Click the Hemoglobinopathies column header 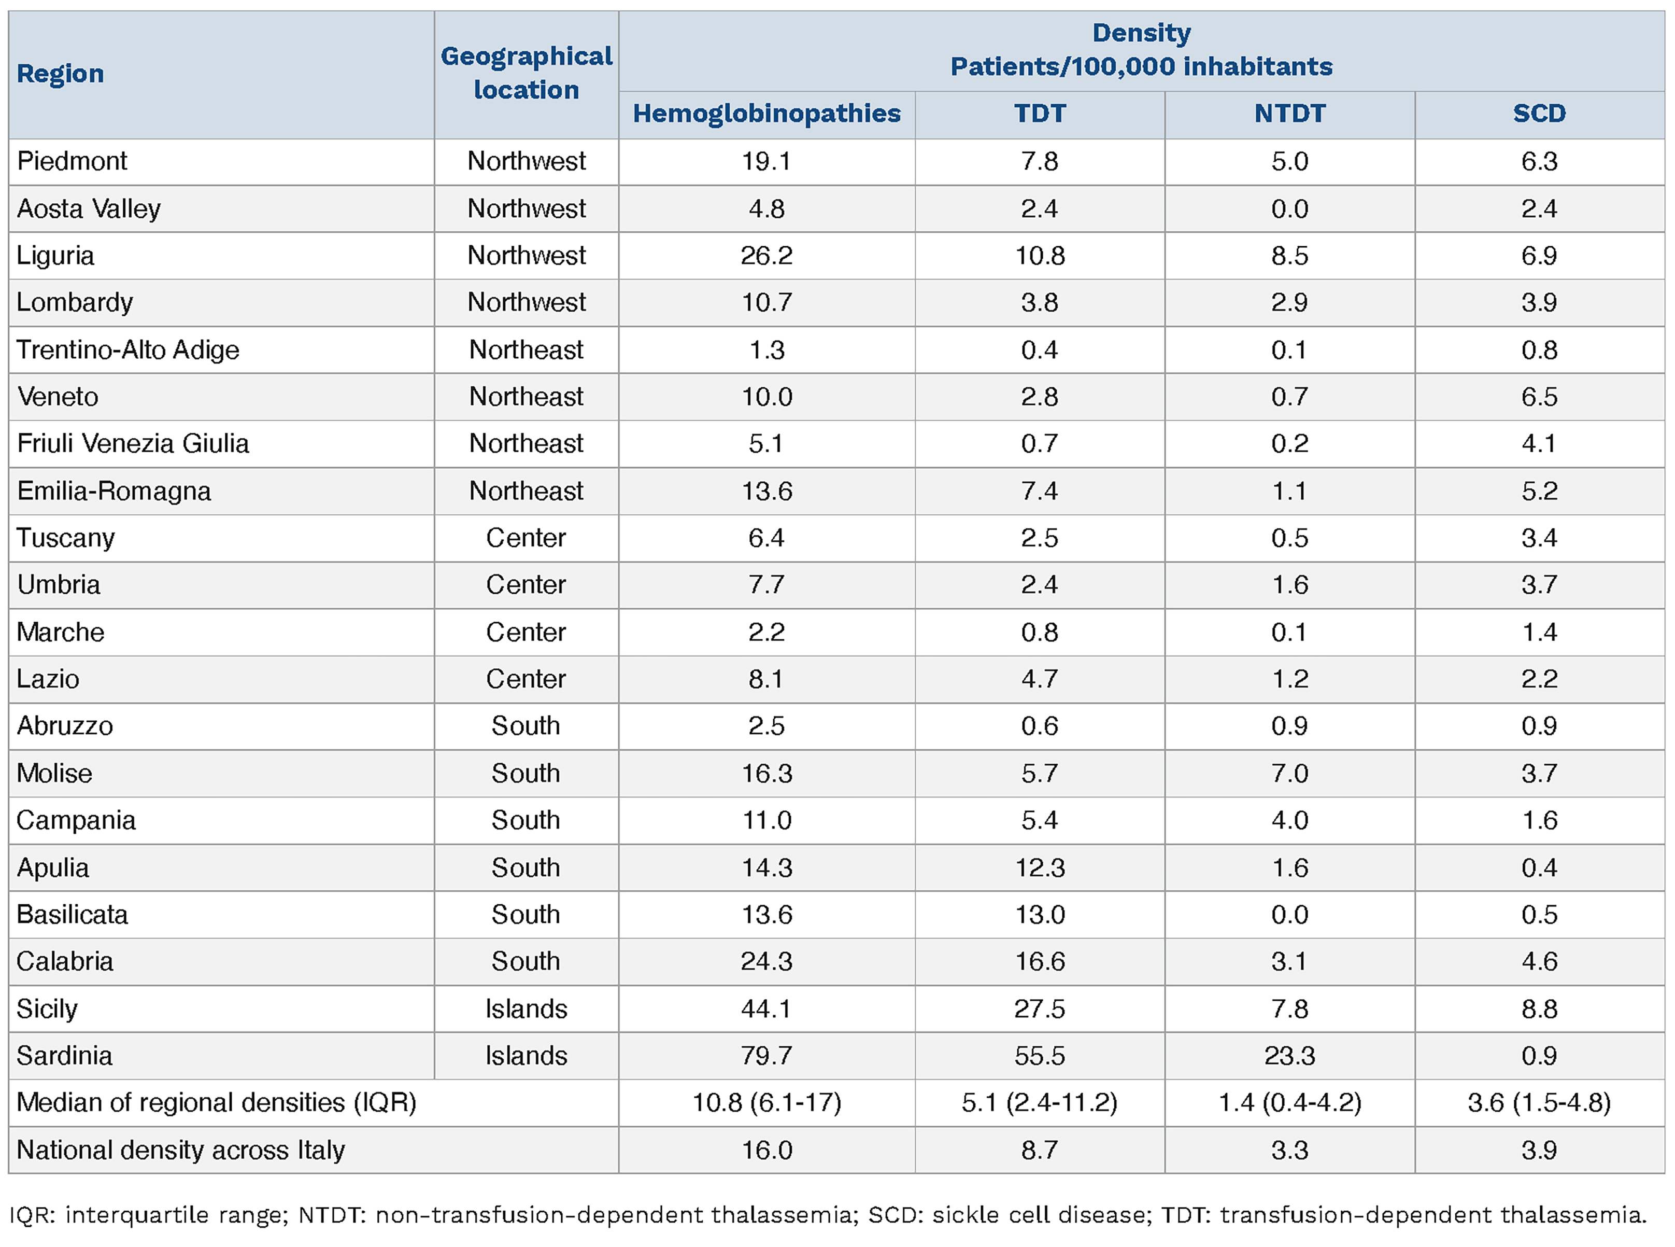tap(766, 113)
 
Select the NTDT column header tap(1289, 113)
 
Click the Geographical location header tap(526, 73)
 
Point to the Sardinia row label tap(64, 1055)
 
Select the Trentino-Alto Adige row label tap(127, 349)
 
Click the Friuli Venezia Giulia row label tap(133, 443)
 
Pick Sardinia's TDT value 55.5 tap(1039, 1055)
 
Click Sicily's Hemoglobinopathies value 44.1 tap(766, 1008)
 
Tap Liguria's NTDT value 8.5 tap(1289, 255)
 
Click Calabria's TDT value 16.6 tap(1039, 961)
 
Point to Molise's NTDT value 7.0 tap(1289, 773)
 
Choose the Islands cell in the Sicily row tap(526, 1008)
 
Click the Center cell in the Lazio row tap(526, 679)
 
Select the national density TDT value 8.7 tap(1039, 1150)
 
